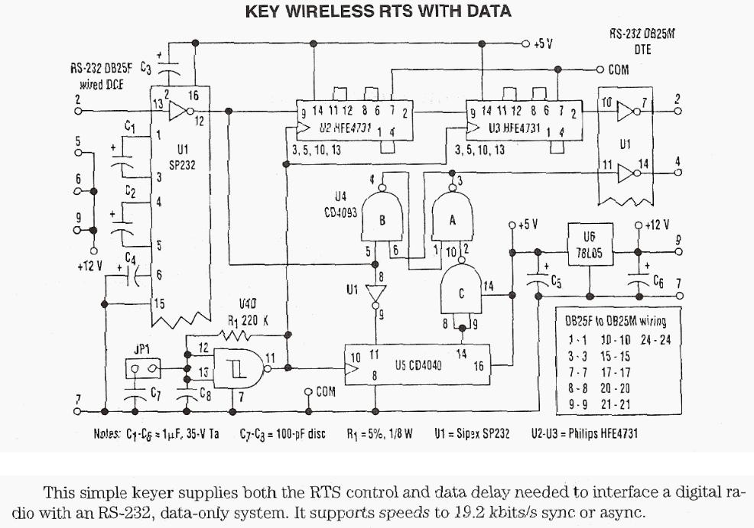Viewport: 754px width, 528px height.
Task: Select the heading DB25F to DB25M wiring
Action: point(616,321)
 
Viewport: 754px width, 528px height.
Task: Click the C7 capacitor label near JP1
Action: point(155,394)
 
